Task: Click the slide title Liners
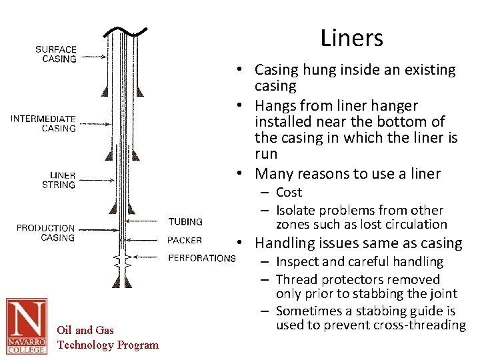click(x=351, y=38)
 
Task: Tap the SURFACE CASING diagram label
click(x=56, y=53)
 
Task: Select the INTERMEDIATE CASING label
click(x=43, y=123)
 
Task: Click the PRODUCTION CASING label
click(x=45, y=233)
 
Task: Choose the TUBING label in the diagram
click(x=185, y=221)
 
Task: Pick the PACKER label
click(x=185, y=240)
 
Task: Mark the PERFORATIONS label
click(x=201, y=258)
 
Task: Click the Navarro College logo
click(x=27, y=326)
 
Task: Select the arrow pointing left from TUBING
click(x=147, y=221)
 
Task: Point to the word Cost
click(x=289, y=192)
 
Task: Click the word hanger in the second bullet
click(x=397, y=105)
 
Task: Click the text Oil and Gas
click(x=85, y=330)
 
